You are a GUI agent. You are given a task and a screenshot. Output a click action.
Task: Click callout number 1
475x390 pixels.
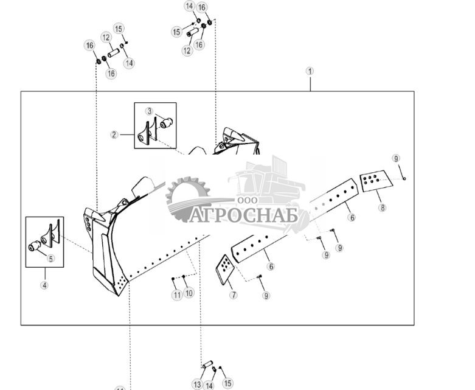point(310,71)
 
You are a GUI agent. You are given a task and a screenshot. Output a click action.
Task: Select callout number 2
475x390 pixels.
point(114,134)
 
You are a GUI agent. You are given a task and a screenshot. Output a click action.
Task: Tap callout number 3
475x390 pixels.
point(150,111)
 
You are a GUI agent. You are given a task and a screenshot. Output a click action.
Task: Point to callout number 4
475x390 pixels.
point(44,285)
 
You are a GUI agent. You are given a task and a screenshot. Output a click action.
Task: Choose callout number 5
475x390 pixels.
point(51,259)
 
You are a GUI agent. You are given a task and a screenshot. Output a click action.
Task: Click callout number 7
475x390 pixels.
point(234,295)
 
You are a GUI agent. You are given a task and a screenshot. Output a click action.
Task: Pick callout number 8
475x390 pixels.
point(382,207)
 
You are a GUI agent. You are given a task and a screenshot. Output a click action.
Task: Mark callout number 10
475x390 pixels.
point(189,293)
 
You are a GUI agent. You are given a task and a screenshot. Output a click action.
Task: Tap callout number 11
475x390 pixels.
point(177,295)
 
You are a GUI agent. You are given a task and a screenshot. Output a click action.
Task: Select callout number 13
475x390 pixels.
point(197,385)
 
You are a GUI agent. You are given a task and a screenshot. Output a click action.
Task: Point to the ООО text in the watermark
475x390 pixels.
point(248,200)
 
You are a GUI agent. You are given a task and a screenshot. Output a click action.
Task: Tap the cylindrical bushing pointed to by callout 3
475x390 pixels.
point(166,124)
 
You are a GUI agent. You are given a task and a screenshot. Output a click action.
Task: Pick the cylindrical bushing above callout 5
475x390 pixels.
point(35,248)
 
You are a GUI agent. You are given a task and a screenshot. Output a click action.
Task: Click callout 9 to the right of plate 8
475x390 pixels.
point(397,159)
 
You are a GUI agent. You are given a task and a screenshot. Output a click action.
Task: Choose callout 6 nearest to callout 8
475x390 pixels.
point(352,217)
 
